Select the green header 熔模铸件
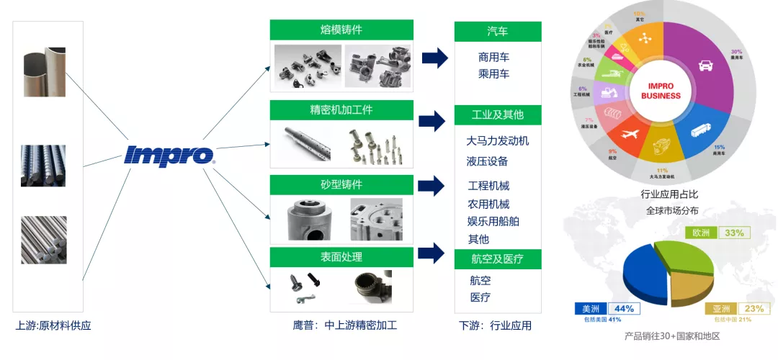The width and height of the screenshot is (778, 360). (341, 30)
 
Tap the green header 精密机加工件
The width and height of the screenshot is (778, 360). (341, 110)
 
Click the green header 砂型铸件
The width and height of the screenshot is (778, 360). (341, 185)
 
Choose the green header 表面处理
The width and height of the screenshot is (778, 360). (341, 257)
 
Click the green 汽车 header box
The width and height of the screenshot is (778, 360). (497, 32)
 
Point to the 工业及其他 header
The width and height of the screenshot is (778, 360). (497, 115)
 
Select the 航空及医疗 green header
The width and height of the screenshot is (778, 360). (497, 259)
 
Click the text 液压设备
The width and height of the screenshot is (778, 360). (487, 161)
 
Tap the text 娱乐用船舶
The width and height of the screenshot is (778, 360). (493, 221)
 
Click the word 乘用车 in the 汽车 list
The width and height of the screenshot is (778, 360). (493, 74)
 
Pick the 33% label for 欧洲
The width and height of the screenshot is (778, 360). (734, 233)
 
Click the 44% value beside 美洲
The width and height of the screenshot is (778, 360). (624, 308)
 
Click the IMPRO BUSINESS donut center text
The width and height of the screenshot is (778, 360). (660, 91)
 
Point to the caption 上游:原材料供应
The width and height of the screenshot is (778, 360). (53, 325)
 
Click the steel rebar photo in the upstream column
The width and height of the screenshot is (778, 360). (43, 166)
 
